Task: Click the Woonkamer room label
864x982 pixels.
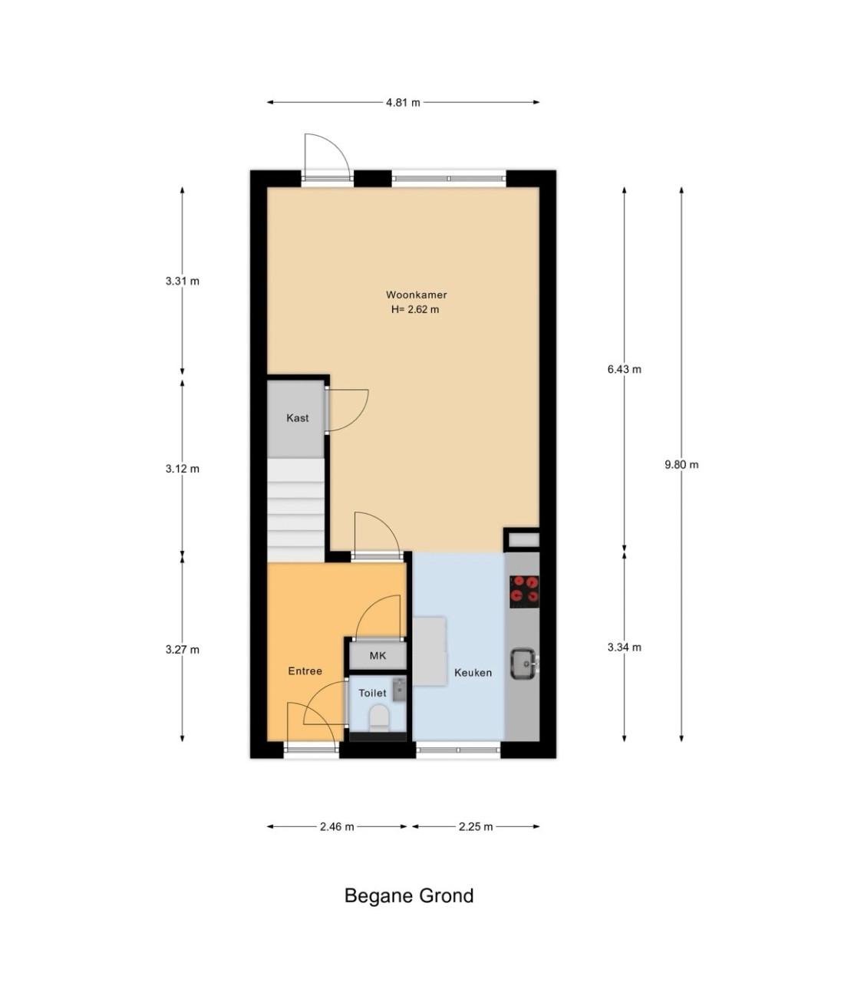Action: pos(416,295)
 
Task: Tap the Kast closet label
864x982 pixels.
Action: pos(298,418)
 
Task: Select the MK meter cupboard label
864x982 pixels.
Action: pos(378,656)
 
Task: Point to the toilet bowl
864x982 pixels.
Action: pos(379,717)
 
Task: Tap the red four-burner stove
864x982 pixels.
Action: pos(524,592)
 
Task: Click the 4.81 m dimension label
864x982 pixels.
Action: pos(402,102)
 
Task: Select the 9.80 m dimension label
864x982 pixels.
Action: pos(681,464)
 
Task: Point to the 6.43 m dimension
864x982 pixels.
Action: pos(624,369)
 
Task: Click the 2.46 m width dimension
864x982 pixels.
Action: pos(337,826)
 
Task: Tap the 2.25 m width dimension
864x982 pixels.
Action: pos(476,826)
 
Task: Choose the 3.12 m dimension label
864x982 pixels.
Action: pos(182,469)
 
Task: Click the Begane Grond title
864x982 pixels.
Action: pos(409,895)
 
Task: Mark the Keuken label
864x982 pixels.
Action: pos(473,673)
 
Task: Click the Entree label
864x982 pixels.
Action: pos(305,671)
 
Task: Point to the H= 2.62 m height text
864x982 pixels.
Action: pos(415,310)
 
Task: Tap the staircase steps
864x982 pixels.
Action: pos(296,511)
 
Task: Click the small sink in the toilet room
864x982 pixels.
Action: pos(398,689)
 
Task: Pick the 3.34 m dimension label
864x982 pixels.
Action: pos(624,648)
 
